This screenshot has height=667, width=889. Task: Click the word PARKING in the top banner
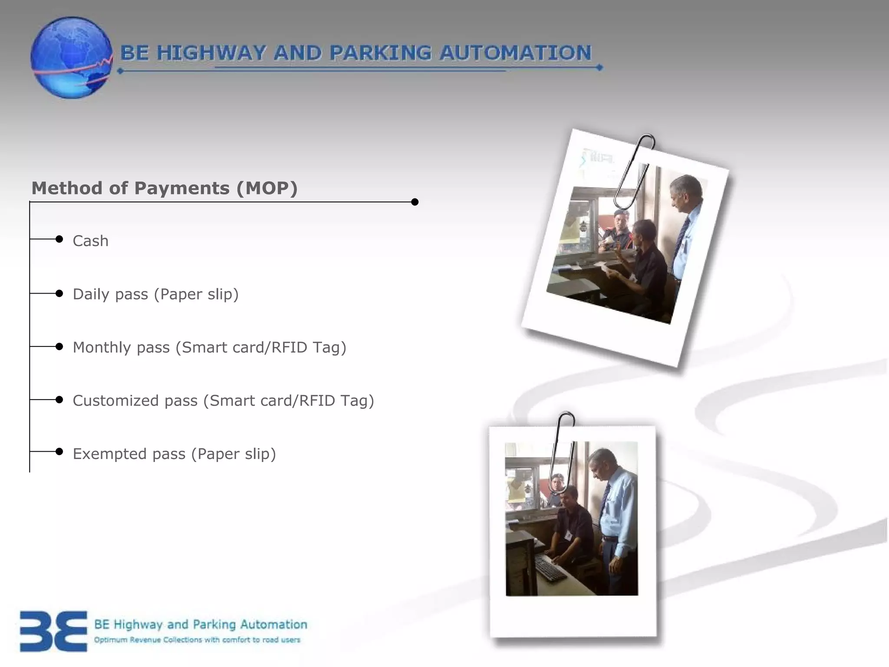pyautogui.click(x=380, y=53)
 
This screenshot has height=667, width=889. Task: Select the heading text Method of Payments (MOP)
pyautogui.click(x=165, y=188)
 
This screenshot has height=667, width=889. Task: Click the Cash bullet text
pyautogui.click(x=90, y=241)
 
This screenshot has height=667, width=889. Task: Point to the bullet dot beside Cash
pyautogui.click(x=59, y=239)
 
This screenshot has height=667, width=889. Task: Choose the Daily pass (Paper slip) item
pyautogui.click(x=155, y=294)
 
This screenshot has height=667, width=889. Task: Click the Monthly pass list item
pyautogui.click(x=209, y=347)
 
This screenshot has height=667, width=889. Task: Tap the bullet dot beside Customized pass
pyautogui.click(x=59, y=400)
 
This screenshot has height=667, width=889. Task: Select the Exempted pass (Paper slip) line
pyautogui.click(x=174, y=454)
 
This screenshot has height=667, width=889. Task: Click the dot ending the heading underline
pyautogui.click(x=415, y=202)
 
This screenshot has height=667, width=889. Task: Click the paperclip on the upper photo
pyautogui.click(x=635, y=172)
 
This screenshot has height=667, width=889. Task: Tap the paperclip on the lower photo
pyautogui.click(x=563, y=452)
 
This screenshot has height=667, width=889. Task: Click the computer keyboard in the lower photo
pyautogui.click(x=550, y=568)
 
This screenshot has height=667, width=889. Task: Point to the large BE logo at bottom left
pyautogui.click(x=53, y=631)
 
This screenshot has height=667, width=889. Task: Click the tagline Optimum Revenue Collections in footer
pyautogui.click(x=197, y=640)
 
